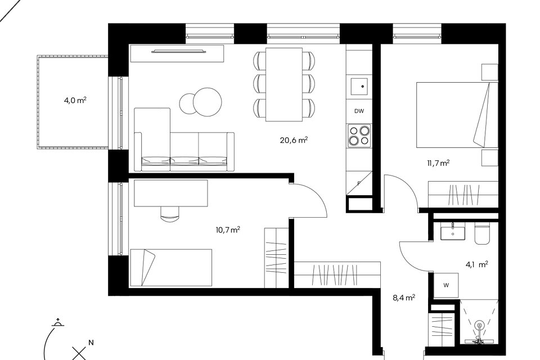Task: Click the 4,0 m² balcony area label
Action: point(75,101)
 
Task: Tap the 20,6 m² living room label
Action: point(294,140)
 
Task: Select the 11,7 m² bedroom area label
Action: point(438,163)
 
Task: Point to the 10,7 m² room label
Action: point(228,229)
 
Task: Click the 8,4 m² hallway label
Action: point(404,298)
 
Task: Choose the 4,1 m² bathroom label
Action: point(477,264)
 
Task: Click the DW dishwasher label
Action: point(359,111)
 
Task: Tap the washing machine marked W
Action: point(446,285)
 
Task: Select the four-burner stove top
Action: point(359,136)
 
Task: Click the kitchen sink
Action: point(359,87)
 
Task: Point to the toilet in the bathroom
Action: point(482,234)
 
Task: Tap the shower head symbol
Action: point(479,326)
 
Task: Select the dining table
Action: point(284,84)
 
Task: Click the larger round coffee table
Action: point(208,102)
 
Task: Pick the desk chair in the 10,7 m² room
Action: point(170,214)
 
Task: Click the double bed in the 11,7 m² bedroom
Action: point(457,115)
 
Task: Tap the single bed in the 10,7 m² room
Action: point(170,268)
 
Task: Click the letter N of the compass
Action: point(91,343)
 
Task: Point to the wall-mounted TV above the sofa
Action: point(179,52)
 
